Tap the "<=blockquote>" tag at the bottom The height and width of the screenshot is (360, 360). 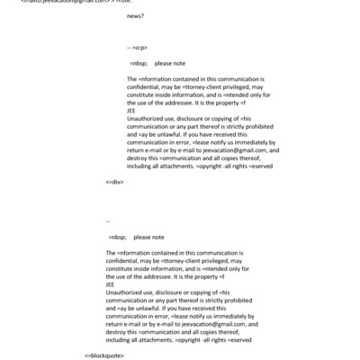point(104,355)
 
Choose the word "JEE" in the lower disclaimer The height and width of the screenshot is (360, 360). point(111,285)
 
